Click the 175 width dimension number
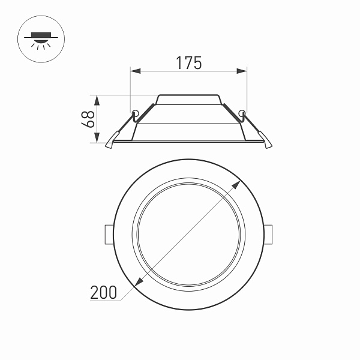click(188, 63)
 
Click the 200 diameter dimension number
click(103, 293)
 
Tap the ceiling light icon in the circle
click(40, 40)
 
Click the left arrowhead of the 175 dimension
click(134, 71)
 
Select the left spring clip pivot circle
click(136, 113)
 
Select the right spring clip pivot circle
click(242, 113)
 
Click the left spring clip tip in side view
click(110, 144)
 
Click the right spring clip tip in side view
click(268, 144)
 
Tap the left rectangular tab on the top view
click(109, 234)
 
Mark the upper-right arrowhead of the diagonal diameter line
click(238, 183)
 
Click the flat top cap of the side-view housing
click(189, 97)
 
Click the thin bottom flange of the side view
click(189, 142)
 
